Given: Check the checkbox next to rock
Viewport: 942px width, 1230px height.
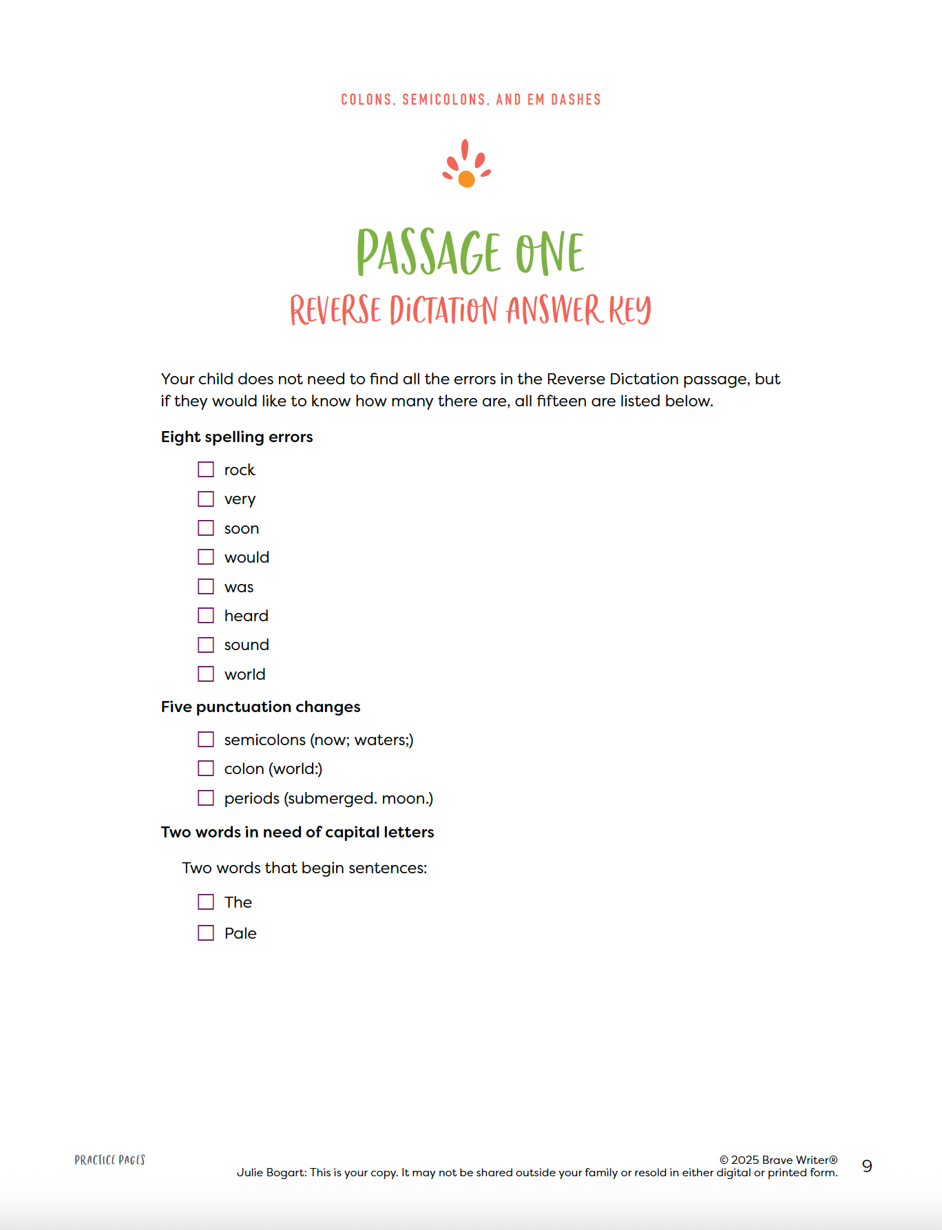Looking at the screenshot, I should tap(206, 470).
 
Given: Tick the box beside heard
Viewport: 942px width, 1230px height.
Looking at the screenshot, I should tap(206, 616).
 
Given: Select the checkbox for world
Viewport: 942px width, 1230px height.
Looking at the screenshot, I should tap(206, 674).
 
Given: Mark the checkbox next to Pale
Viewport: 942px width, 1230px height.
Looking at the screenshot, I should tap(206, 933).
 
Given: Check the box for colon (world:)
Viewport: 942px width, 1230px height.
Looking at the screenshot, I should tap(206, 769).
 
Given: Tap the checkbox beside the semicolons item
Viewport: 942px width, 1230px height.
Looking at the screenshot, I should tap(206, 740).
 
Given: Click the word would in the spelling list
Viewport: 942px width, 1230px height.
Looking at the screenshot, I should tap(247, 557).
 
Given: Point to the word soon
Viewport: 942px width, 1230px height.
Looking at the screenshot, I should tap(242, 528).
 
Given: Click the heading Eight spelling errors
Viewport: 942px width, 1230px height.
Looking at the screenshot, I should tap(237, 437).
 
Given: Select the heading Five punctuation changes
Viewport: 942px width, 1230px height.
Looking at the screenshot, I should tap(260, 707).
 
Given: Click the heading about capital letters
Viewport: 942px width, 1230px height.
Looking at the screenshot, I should tap(297, 832).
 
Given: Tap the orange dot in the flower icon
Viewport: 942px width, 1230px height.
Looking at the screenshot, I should tap(466, 179).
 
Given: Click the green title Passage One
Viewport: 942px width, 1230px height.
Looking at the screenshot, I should tap(470, 252).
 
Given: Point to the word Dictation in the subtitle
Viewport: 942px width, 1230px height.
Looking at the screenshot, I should tap(443, 310).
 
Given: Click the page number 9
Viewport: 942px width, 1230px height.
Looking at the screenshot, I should tap(867, 1166).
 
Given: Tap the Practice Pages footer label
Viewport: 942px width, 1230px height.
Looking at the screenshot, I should tap(110, 1160).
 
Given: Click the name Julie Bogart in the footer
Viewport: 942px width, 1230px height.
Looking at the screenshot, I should tap(271, 1172).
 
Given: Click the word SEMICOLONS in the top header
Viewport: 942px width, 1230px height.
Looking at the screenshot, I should tap(444, 100).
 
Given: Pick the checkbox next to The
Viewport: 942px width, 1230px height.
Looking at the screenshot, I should tap(206, 902).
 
